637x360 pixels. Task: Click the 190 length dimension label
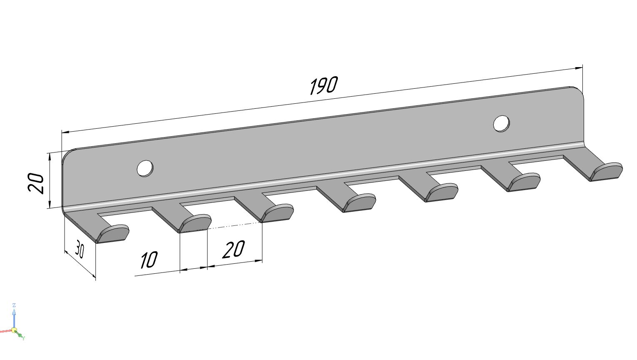click(x=324, y=85)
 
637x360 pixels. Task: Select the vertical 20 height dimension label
click(x=36, y=183)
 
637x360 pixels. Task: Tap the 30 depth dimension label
click(x=79, y=249)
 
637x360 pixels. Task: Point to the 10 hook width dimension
click(x=149, y=260)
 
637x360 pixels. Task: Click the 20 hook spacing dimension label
click(x=233, y=249)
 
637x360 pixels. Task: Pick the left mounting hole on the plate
click(x=145, y=169)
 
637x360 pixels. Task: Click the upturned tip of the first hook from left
click(x=113, y=234)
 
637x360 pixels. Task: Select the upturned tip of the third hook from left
click(x=277, y=213)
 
